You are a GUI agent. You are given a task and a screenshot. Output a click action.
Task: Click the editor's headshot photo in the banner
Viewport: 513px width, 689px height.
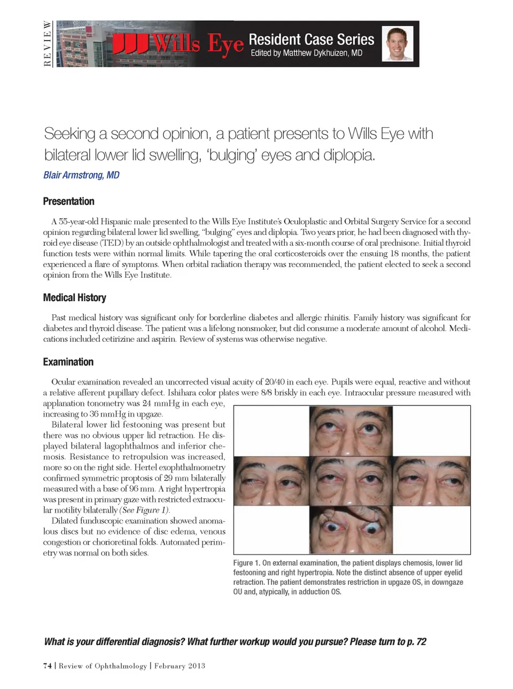[397, 44]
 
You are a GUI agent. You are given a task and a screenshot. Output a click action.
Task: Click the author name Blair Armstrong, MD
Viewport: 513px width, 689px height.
[81, 175]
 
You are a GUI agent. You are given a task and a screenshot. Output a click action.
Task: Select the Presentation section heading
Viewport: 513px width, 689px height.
[68, 201]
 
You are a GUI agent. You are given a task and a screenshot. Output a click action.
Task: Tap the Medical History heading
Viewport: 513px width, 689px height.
[74, 297]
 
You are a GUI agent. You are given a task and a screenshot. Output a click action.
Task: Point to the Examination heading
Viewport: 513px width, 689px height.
[68, 362]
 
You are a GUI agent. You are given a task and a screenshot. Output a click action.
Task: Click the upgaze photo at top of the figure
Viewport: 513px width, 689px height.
[351, 430]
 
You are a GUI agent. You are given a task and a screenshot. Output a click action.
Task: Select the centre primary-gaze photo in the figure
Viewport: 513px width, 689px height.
[351, 480]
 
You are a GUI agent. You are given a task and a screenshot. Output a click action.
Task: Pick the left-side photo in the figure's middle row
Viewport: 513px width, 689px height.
[271, 480]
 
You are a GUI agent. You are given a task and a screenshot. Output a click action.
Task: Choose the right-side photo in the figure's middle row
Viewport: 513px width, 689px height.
[431, 480]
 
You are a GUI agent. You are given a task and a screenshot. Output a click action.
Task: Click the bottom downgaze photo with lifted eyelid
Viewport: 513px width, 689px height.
[351, 530]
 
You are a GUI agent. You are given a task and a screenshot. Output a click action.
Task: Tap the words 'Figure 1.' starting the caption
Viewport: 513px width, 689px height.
[246, 563]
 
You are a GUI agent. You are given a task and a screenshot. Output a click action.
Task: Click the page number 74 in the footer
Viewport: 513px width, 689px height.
[48, 666]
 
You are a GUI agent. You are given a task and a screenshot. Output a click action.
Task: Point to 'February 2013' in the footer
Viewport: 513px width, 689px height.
[180, 666]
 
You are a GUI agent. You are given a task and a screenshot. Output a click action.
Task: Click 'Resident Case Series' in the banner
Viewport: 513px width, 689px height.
[311, 39]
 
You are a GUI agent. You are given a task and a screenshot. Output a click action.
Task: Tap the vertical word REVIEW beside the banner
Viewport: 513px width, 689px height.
[48, 44]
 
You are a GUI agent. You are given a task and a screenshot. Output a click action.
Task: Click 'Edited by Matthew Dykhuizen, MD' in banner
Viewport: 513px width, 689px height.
[306, 53]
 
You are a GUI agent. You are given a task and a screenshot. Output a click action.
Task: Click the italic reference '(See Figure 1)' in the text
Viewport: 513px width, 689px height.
[145, 510]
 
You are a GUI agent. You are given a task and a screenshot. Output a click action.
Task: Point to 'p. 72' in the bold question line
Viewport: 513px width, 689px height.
[417, 641]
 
